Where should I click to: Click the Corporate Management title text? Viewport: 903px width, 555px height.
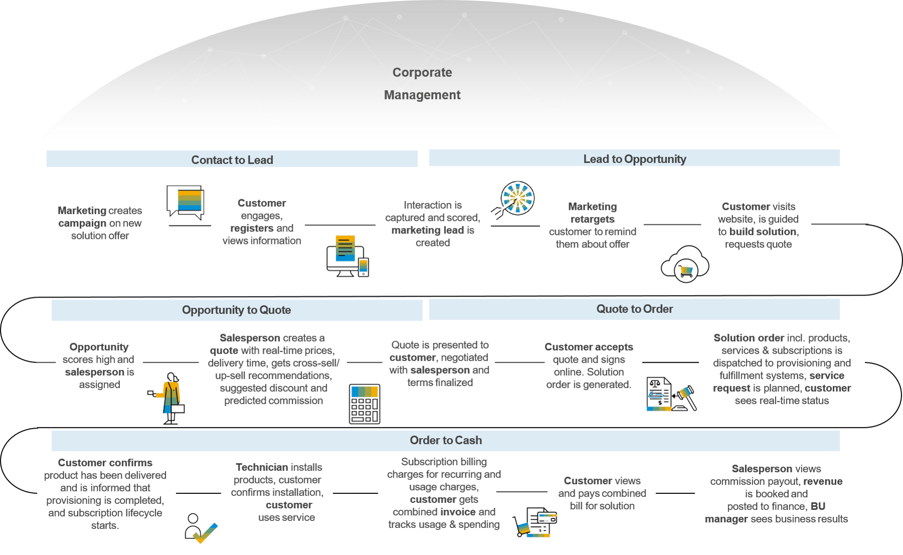point(422,83)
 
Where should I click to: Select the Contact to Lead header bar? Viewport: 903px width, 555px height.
point(232,160)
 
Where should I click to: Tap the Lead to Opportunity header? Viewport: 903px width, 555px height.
point(634,159)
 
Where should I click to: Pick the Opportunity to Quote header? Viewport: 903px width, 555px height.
point(236,310)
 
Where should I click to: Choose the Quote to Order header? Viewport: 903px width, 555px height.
point(634,309)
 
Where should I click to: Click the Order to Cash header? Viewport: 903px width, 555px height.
point(445,440)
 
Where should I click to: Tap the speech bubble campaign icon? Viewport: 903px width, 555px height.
point(186,202)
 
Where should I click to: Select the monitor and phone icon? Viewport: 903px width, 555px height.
point(348,256)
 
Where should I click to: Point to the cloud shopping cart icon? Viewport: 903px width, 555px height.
point(685,264)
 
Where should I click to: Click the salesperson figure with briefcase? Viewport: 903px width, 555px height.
point(170,398)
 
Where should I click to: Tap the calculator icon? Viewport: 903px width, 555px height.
point(365,404)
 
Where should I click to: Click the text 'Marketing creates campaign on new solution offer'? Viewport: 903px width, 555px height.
point(99,223)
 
